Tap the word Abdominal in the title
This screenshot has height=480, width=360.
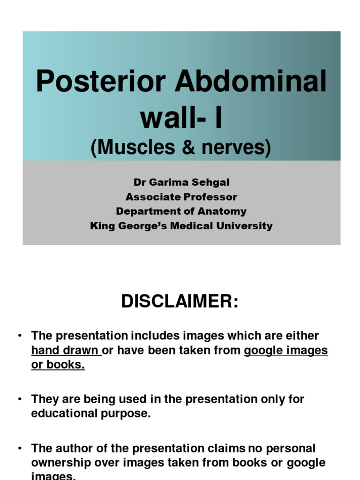click(250, 81)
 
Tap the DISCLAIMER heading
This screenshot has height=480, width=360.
click(180, 301)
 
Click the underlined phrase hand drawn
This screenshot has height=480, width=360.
click(65, 351)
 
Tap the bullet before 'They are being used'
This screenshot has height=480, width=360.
click(20, 399)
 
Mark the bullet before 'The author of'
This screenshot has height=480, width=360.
click(20, 448)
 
